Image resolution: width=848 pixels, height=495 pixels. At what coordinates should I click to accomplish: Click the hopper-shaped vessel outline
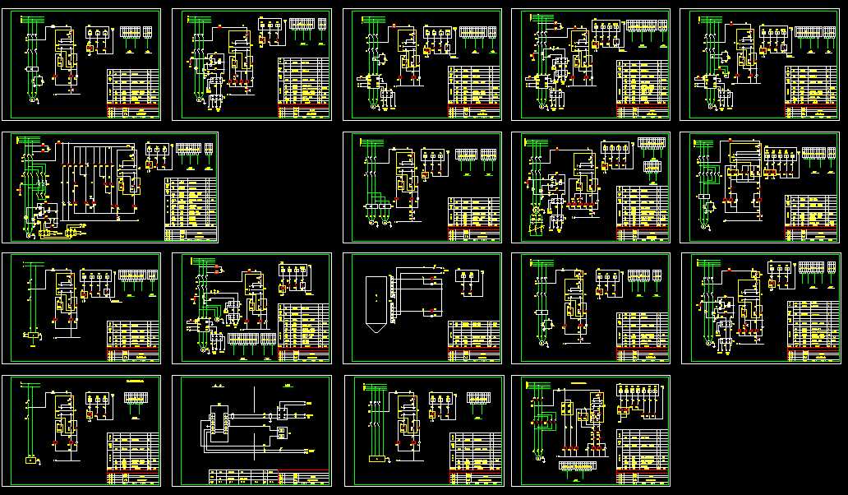374,301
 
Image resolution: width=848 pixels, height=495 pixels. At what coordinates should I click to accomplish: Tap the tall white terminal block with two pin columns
219,419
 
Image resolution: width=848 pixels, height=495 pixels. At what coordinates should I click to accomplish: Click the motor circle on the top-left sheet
34,99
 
